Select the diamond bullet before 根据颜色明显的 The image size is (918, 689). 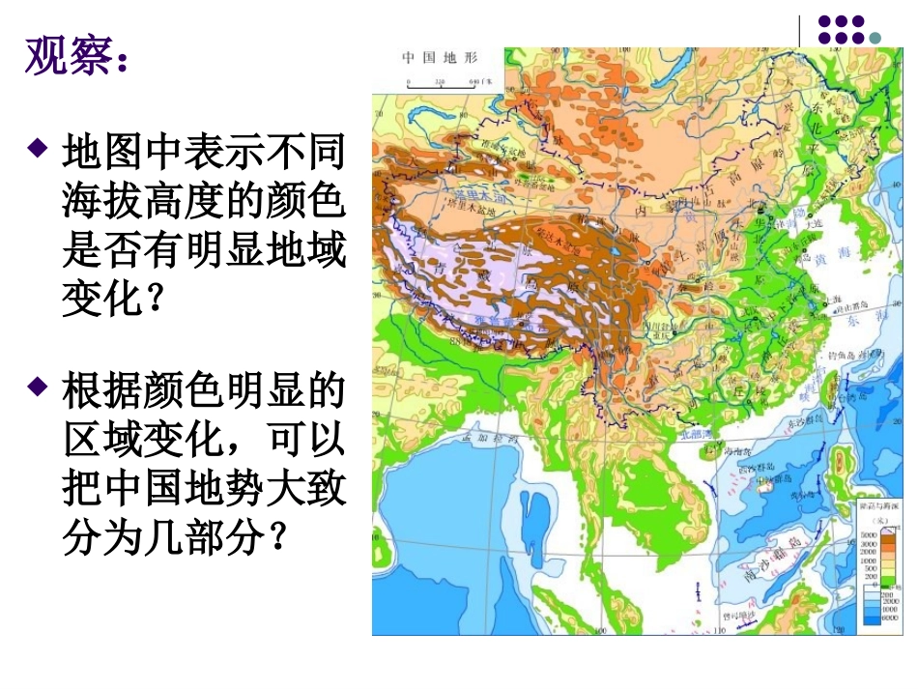click(x=38, y=388)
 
